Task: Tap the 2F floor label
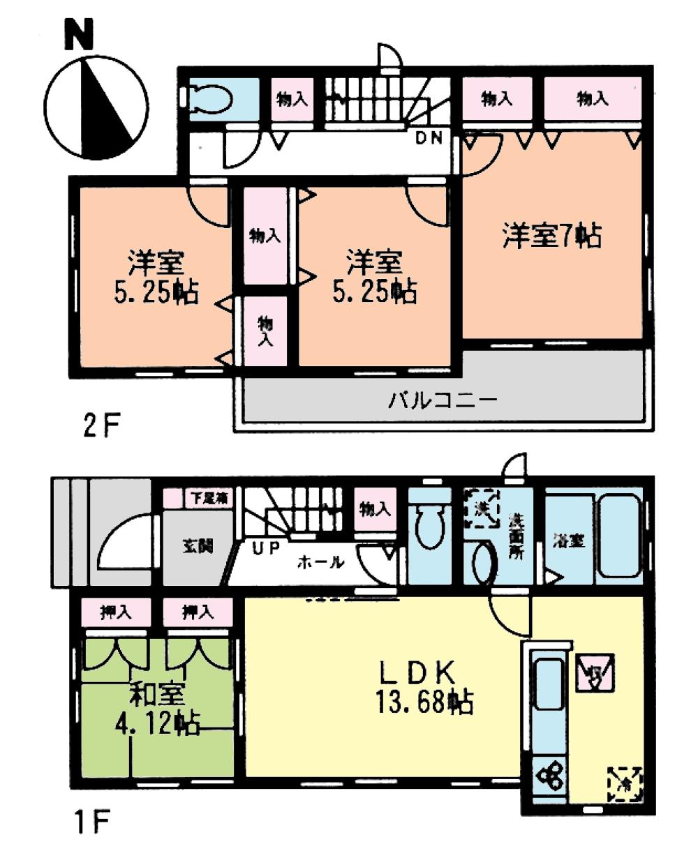(x=102, y=424)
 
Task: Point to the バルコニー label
(x=443, y=401)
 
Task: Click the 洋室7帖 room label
(x=551, y=236)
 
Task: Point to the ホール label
(x=320, y=562)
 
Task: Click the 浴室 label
(x=568, y=541)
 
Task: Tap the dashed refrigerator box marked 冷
(x=624, y=784)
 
